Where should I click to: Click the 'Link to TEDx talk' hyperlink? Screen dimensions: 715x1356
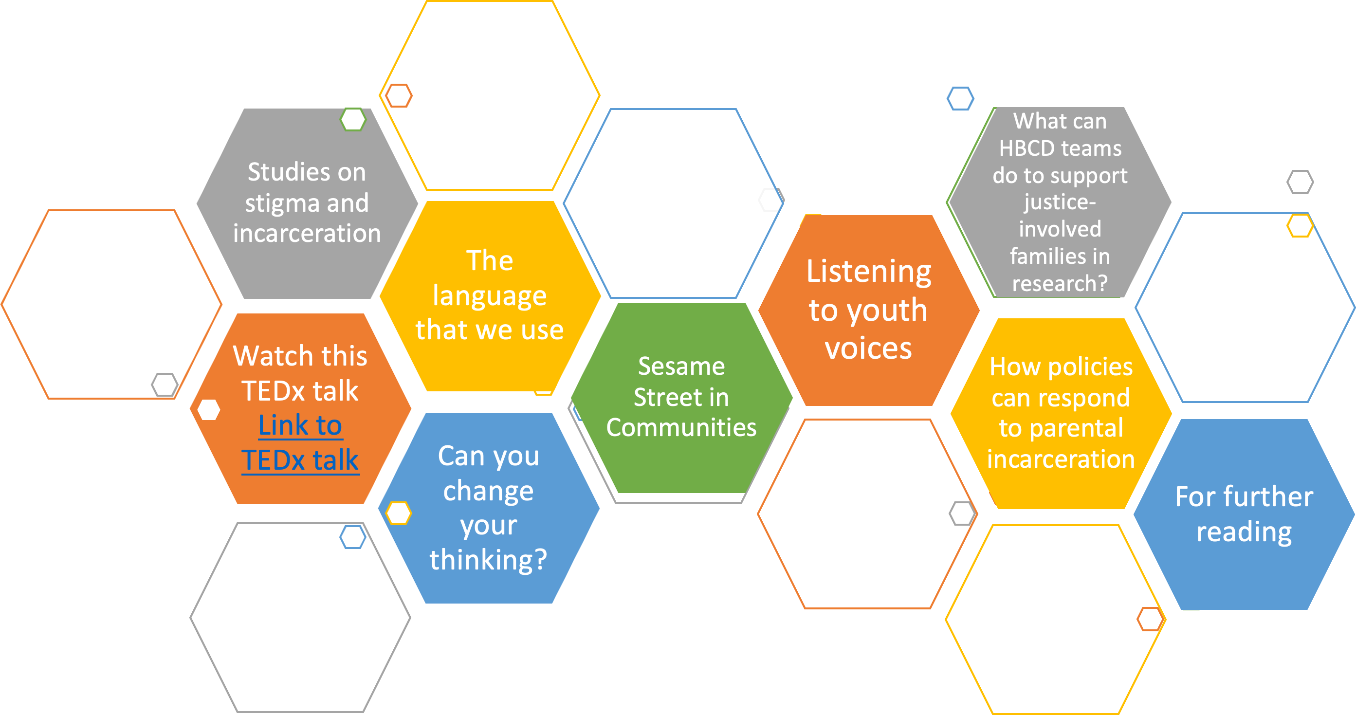[300, 442]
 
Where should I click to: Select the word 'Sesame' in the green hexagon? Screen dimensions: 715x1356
[681, 366]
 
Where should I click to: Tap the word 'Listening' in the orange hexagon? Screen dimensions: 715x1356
[869, 272]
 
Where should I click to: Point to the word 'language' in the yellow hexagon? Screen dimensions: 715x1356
[490, 296]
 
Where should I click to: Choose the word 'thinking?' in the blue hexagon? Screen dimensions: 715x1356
[489, 559]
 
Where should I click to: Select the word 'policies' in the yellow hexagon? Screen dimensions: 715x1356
[1090, 367]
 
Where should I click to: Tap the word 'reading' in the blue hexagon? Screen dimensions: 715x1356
[1244, 532]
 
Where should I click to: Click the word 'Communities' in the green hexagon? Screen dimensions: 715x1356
[681, 427]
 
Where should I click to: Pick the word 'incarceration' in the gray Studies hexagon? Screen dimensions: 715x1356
[307, 233]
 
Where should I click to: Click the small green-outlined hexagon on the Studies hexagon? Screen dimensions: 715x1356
[353, 120]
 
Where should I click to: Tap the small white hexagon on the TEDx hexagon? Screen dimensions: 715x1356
[209, 410]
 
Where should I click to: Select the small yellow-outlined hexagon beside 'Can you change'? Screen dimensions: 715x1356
[399, 513]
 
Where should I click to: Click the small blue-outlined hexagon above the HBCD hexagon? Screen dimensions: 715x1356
[960, 98]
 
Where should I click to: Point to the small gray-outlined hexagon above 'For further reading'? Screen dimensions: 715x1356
[1300, 182]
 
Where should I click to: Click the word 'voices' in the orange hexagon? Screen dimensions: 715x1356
[869, 348]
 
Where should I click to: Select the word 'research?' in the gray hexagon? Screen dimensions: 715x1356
[1060, 283]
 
